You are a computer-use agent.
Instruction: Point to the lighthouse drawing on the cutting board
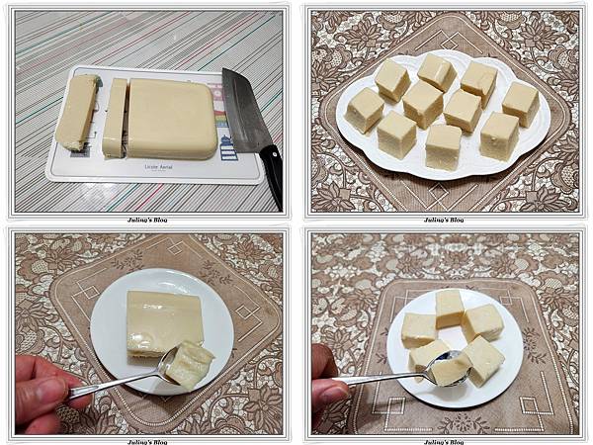click(x=228, y=146)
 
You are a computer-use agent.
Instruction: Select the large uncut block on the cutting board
click(x=172, y=118)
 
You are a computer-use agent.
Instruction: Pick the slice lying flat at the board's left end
click(x=78, y=112)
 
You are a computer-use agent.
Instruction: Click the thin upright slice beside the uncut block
click(x=115, y=118)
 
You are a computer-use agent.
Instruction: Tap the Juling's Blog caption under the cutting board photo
click(x=147, y=220)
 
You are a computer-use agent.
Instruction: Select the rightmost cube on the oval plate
click(x=520, y=103)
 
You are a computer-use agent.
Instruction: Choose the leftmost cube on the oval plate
click(x=365, y=110)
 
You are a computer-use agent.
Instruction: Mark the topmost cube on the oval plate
click(x=436, y=71)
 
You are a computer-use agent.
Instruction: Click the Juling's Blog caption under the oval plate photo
click(x=445, y=220)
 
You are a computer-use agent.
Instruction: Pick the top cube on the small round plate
click(x=450, y=307)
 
